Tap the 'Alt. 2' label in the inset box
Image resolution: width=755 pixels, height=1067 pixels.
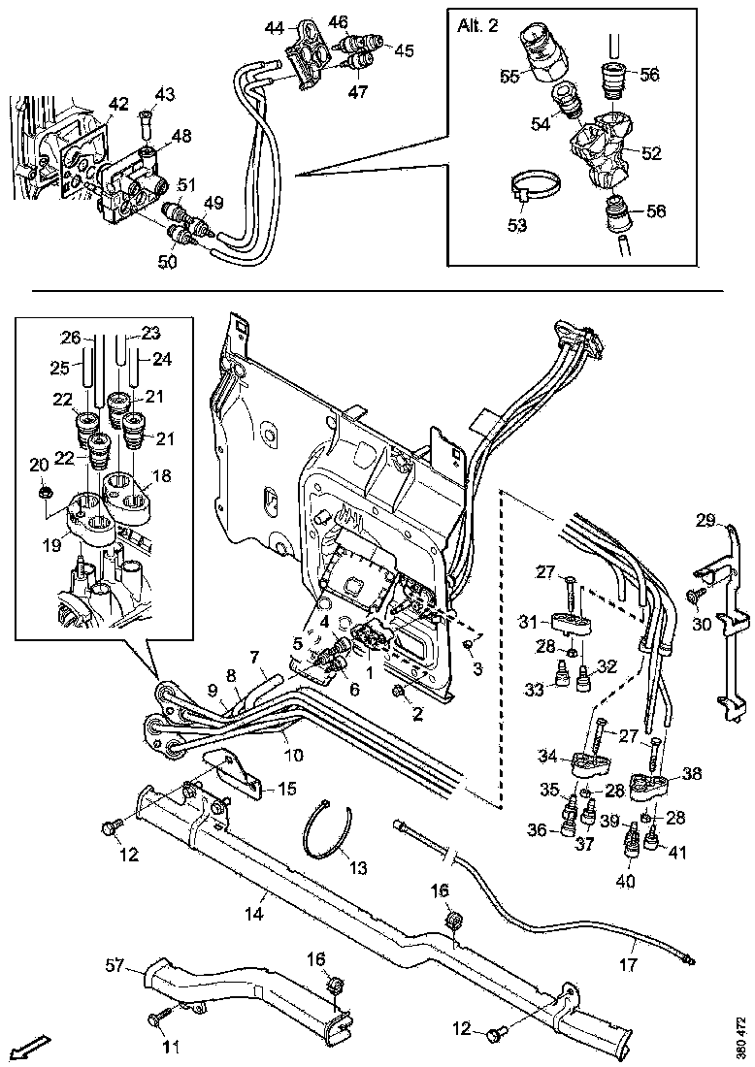pyautogui.click(x=477, y=26)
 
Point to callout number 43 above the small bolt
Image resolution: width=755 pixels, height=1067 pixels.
pyautogui.click(x=165, y=94)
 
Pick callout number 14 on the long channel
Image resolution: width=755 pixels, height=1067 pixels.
pyautogui.click(x=255, y=913)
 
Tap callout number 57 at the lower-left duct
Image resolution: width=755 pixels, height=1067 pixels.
pyautogui.click(x=115, y=965)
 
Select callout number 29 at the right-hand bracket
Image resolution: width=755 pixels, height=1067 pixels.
pyautogui.click(x=706, y=522)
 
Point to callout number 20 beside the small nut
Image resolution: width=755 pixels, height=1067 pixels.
pyautogui.click(x=38, y=466)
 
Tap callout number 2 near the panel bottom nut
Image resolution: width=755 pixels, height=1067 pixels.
pyautogui.click(x=418, y=716)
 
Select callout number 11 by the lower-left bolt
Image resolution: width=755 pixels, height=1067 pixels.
pyautogui.click(x=172, y=1048)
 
